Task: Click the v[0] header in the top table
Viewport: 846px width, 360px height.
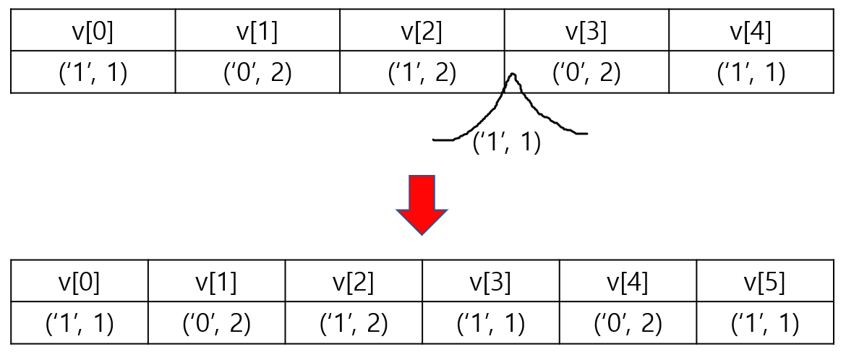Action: click(x=93, y=32)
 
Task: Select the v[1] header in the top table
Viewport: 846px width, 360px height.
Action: click(x=257, y=32)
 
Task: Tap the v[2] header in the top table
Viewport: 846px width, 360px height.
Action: click(x=422, y=32)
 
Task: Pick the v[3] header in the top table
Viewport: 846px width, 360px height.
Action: click(x=586, y=32)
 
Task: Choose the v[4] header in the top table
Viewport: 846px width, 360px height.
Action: click(x=751, y=32)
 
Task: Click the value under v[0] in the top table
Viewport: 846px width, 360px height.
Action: click(x=93, y=73)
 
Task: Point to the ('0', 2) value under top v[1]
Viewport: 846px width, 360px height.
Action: click(x=257, y=73)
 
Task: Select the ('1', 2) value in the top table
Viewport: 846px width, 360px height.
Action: click(x=422, y=73)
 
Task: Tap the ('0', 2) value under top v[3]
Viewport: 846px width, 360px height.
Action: click(x=586, y=73)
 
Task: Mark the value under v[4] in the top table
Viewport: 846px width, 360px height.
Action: click(x=751, y=73)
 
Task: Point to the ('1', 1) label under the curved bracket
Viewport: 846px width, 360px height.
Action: click(x=507, y=142)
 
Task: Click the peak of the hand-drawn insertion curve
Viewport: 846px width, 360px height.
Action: click(x=513, y=74)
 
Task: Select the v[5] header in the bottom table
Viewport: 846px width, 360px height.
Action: click(x=765, y=282)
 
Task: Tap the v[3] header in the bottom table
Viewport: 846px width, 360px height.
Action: click(x=491, y=282)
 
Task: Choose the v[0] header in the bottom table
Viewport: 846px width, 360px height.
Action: click(x=80, y=282)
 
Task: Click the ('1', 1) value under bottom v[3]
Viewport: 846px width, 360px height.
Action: click(x=491, y=323)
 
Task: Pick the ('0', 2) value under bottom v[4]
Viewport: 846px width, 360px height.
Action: click(x=628, y=323)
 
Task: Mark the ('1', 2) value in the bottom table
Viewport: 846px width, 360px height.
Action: click(x=354, y=323)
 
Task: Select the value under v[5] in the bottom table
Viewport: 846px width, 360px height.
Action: click(x=765, y=323)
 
